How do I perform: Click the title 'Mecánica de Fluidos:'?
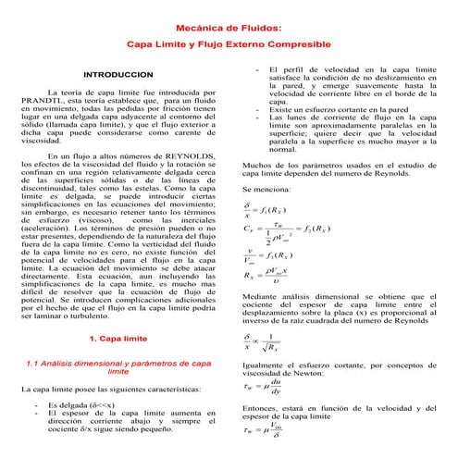[x=229, y=29]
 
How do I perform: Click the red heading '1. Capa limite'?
[x=118, y=339]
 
